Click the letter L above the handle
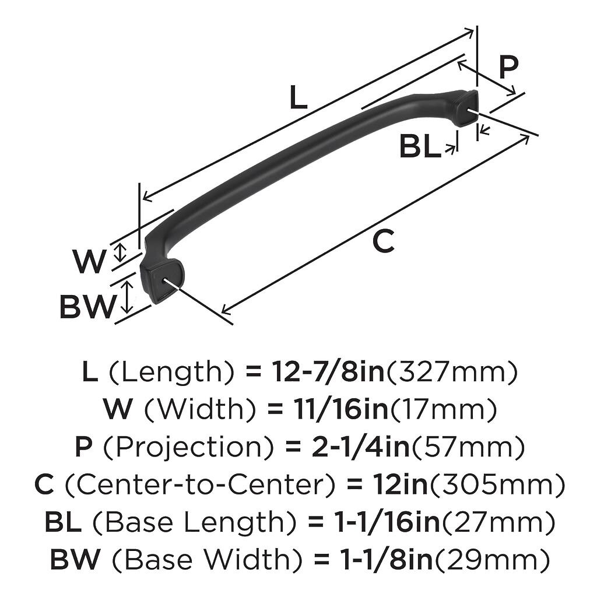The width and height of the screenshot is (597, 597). (x=298, y=99)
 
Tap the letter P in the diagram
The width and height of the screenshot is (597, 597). (x=508, y=68)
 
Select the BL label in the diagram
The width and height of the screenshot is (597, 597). (x=420, y=147)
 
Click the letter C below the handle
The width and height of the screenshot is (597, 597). (x=384, y=242)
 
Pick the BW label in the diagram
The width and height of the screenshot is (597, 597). (x=87, y=307)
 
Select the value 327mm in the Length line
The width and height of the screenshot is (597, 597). (x=452, y=372)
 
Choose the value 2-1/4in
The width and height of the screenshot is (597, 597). (x=341, y=448)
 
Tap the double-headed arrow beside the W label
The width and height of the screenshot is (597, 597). (x=120, y=252)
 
